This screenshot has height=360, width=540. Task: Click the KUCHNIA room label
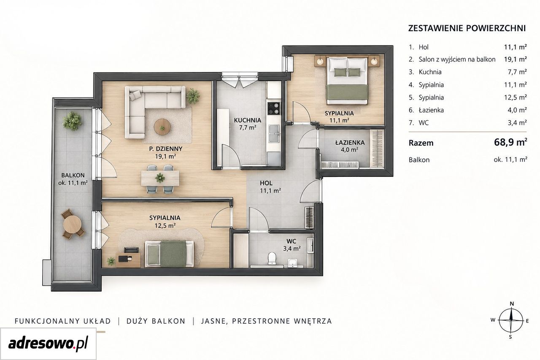point(247,120)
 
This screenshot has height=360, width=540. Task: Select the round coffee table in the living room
point(162,126)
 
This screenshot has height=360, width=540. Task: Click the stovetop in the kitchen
point(274,108)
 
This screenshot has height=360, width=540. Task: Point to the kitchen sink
point(274,133)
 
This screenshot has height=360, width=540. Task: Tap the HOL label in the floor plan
point(266,183)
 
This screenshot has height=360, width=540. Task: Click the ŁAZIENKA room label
point(350,143)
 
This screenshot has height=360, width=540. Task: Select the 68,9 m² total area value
point(510,142)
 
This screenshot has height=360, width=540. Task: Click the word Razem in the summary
point(421,143)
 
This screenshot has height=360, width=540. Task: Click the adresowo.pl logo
point(48,343)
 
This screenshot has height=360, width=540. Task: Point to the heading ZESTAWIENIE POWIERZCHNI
point(467,28)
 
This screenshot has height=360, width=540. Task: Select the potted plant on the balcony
point(72,121)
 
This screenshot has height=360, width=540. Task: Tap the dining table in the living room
point(160,178)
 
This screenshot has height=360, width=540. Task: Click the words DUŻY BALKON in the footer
point(156,321)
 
